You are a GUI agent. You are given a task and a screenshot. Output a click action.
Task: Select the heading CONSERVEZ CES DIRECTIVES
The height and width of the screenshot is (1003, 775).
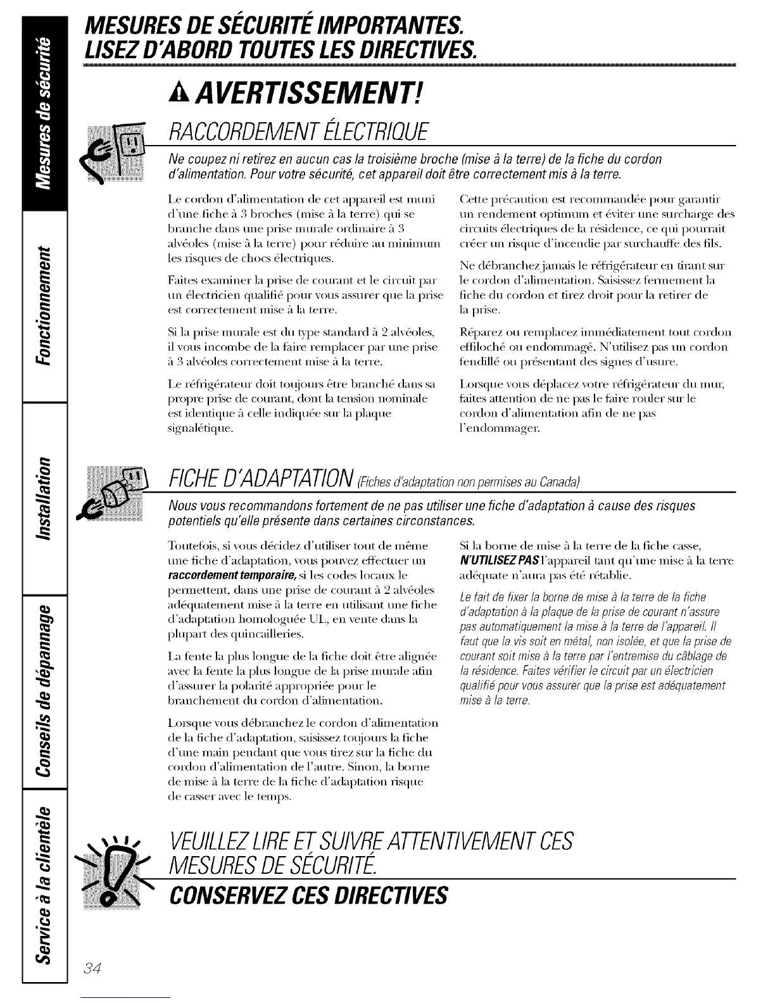pyautogui.click(x=308, y=895)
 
